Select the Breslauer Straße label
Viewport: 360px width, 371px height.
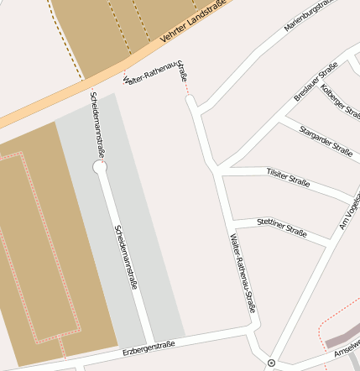316,81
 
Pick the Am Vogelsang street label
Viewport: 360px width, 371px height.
349,206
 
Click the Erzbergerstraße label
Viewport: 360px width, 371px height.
148,347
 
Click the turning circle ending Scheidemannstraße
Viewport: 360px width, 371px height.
100,167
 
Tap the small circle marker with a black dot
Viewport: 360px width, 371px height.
271,363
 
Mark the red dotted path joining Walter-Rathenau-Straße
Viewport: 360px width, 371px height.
186,88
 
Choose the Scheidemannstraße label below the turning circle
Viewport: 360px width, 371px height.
125,257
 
